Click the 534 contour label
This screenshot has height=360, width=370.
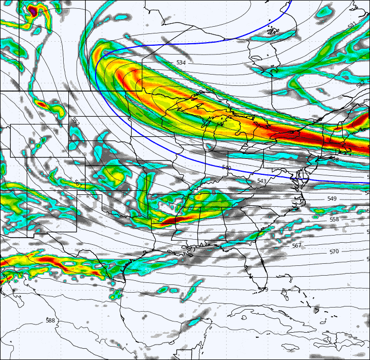(x=181, y=63)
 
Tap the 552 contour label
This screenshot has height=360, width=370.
(x=76, y=122)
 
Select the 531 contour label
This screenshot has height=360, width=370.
(x=351, y=26)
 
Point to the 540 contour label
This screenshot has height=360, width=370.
(x=226, y=168)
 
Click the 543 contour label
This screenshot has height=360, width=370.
(x=262, y=182)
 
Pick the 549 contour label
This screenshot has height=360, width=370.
(x=332, y=199)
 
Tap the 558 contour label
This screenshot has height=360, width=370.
(x=334, y=220)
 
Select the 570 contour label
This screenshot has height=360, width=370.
(x=334, y=251)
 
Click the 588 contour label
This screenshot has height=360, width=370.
(x=50, y=320)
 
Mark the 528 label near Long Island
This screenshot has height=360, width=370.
(x=335, y=160)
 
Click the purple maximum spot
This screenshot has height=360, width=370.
(x=32, y=9)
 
